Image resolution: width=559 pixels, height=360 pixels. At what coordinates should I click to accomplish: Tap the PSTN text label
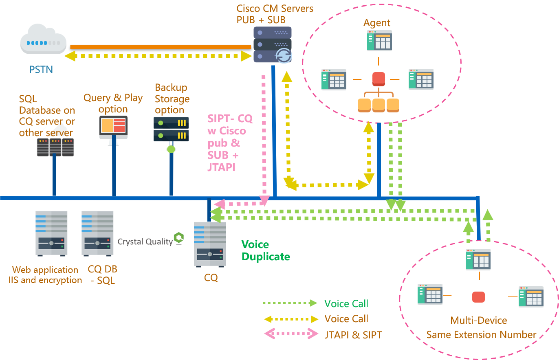pyautogui.click(x=41, y=70)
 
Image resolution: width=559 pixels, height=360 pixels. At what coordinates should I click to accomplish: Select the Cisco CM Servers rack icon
pyautogui.click(x=273, y=45)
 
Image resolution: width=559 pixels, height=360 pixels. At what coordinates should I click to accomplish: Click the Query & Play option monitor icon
pyautogui.click(x=113, y=127)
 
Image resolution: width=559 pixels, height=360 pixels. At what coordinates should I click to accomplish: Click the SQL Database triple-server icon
pyautogui.click(x=55, y=147)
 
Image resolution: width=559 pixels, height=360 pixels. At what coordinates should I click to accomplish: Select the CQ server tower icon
pyautogui.click(x=210, y=244)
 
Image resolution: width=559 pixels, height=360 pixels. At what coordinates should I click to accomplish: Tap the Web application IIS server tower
pyautogui.click(x=51, y=233)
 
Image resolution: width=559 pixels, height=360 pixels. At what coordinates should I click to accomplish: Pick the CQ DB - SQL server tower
pyautogui.click(x=97, y=233)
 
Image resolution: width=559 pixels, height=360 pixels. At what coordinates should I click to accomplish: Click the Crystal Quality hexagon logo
pyautogui.click(x=178, y=238)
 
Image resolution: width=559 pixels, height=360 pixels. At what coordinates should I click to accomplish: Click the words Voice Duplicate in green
pyautogui.click(x=265, y=250)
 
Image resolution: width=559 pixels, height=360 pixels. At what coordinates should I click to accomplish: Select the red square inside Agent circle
pyautogui.click(x=379, y=79)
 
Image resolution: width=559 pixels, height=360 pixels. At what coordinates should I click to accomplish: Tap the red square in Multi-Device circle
pyautogui.click(x=478, y=297)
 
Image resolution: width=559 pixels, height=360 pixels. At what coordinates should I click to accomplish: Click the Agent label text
pyautogui.click(x=377, y=23)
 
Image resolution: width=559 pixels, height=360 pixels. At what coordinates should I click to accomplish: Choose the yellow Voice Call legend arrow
pyautogui.click(x=291, y=319)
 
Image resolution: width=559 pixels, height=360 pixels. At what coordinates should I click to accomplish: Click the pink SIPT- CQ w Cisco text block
pyautogui.click(x=229, y=143)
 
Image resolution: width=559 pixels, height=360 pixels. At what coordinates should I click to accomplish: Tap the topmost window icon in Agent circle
pyautogui.click(x=379, y=40)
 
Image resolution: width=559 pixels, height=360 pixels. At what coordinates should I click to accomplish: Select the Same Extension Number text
pyautogui.click(x=481, y=335)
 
